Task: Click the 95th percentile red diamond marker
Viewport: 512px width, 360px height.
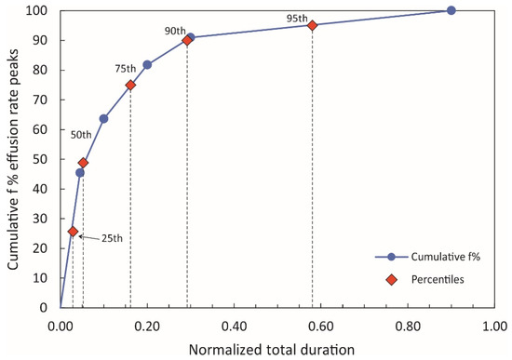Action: tap(312, 25)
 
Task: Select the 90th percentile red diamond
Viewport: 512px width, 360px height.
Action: tap(187, 40)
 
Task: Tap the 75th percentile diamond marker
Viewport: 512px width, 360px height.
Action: tap(130, 85)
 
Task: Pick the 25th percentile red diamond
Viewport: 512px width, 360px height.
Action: tap(73, 232)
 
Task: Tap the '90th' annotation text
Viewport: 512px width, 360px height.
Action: tap(176, 31)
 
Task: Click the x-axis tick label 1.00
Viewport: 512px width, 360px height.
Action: tap(495, 326)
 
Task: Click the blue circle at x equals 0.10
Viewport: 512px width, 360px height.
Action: tap(103, 119)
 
